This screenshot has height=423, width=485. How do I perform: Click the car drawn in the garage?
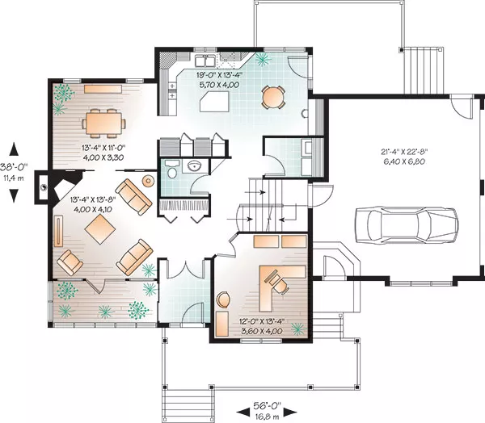[407, 225]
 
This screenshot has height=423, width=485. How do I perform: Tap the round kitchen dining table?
[273, 98]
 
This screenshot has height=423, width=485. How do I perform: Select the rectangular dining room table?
[103, 124]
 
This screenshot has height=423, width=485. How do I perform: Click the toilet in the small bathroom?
[171, 170]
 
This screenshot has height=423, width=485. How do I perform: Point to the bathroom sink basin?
[195, 165]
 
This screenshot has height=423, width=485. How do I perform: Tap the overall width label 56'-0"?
[267, 405]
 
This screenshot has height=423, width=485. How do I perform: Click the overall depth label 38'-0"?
[14, 167]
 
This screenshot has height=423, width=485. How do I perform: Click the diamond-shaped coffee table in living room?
[100, 229]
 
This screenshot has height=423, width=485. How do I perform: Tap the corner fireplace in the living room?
[62, 187]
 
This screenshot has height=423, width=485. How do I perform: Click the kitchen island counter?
[214, 102]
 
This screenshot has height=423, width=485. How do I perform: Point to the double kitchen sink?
[205, 61]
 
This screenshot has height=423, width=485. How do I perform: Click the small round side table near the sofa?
[149, 181]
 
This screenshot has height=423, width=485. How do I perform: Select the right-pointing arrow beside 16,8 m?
[290, 412]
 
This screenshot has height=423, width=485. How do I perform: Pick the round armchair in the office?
[223, 299]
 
